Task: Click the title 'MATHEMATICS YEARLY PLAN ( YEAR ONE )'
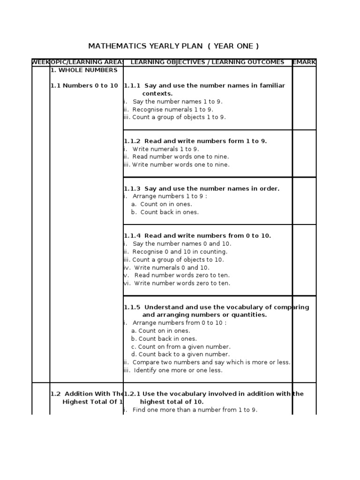pyautogui.click(x=173, y=46)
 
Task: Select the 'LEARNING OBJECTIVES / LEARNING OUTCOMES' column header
pyautogui.click(x=207, y=62)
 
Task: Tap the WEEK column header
pyautogui.click(x=40, y=62)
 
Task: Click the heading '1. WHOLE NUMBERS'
pyautogui.click(x=84, y=70)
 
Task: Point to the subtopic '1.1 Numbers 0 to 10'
pyautogui.click(x=84, y=86)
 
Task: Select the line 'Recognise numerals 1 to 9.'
pyautogui.click(x=172, y=109)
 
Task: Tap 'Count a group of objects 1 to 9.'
pyautogui.click(x=179, y=117)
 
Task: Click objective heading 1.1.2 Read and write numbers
pyautogui.click(x=195, y=141)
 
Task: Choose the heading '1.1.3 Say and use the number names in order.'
pyautogui.click(x=202, y=188)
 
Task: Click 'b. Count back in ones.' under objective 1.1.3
pyautogui.click(x=165, y=212)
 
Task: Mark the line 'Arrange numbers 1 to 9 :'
pyautogui.click(x=169, y=196)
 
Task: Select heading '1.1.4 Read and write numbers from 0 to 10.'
pyautogui.click(x=197, y=236)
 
